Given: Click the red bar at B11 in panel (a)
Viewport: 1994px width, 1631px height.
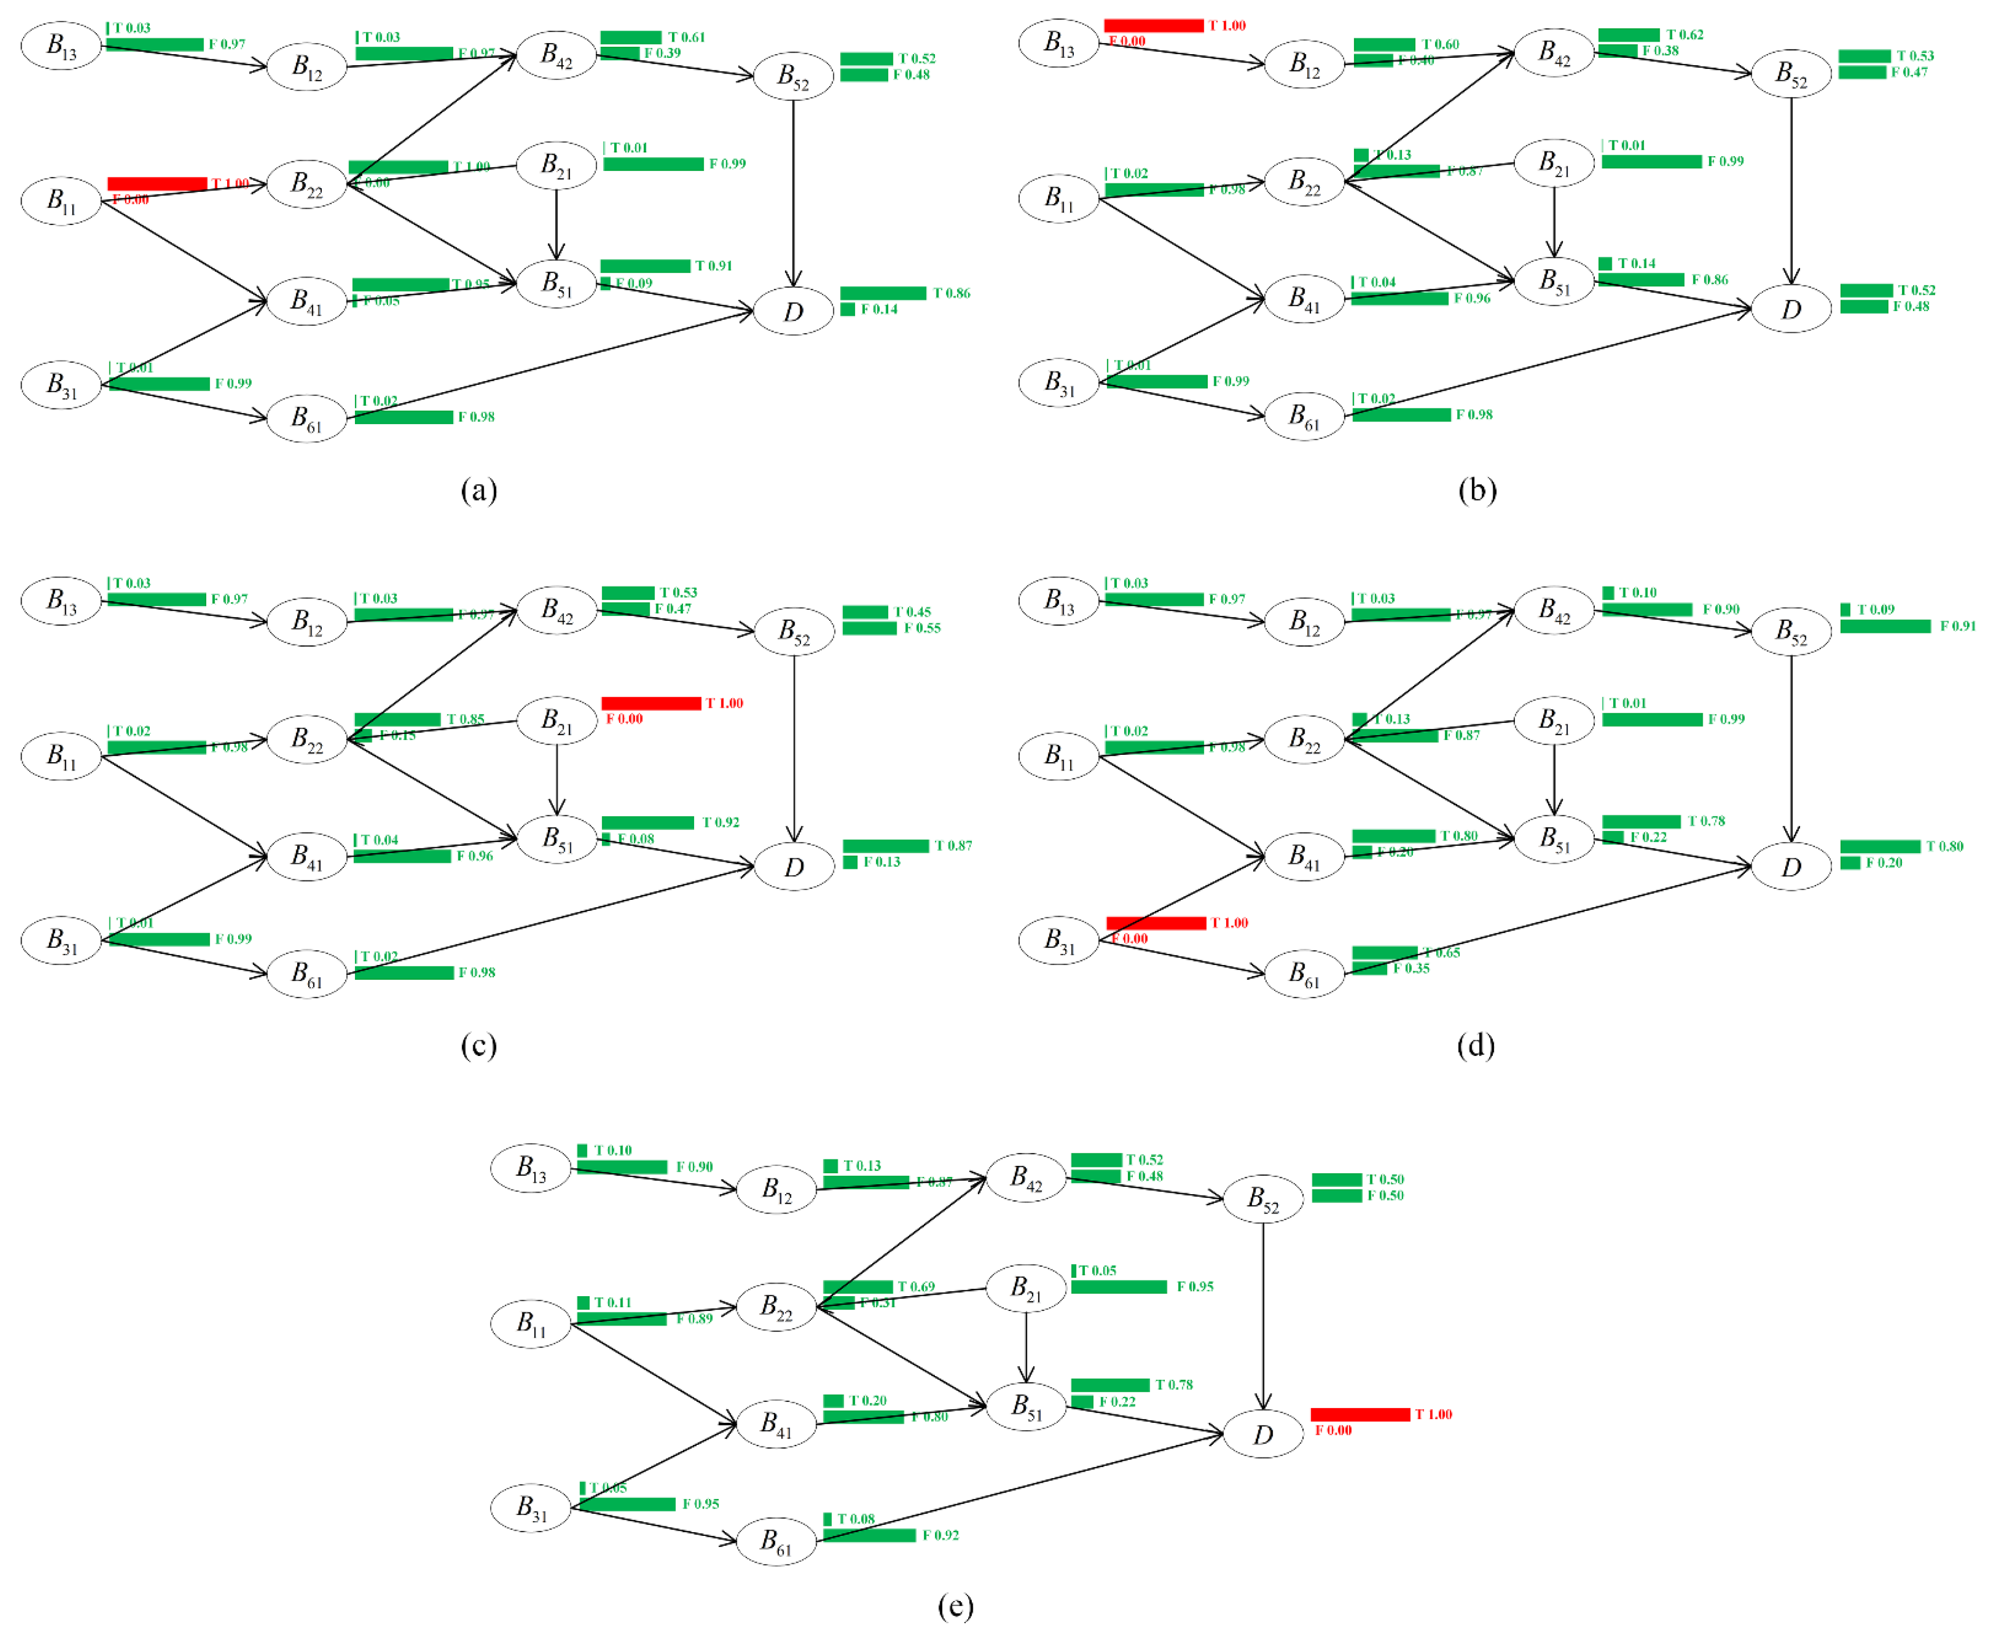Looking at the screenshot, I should click(x=157, y=183).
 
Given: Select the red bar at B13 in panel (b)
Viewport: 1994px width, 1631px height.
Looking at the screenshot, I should click(x=1153, y=25).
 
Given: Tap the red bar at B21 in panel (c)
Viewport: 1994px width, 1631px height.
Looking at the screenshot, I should click(x=650, y=703).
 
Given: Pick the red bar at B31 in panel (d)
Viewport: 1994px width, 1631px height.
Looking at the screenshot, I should click(x=1156, y=922).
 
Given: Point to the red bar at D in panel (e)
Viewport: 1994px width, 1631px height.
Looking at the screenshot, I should click(x=1360, y=1414).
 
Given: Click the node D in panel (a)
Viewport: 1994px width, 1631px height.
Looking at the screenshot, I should click(x=793, y=311).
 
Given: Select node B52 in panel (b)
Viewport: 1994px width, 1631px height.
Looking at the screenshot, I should click(x=1791, y=73).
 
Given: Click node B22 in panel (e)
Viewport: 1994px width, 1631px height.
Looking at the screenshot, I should click(x=776, y=1306).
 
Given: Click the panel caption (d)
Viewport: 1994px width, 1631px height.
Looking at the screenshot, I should click(x=1476, y=1045).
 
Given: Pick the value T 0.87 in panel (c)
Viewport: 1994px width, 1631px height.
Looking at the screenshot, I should click(x=953, y=846).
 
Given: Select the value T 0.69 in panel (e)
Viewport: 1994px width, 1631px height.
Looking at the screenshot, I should click(x=915, y=1286).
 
